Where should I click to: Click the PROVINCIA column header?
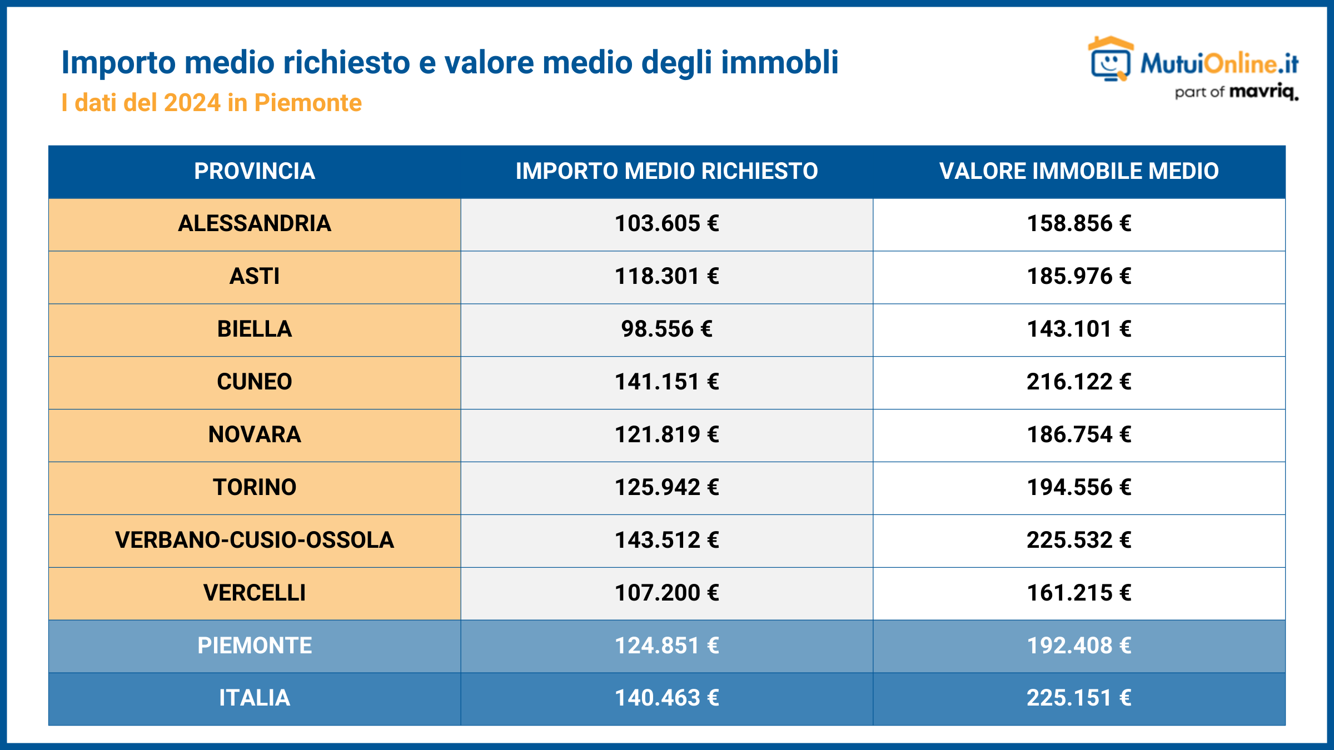pos(255,171)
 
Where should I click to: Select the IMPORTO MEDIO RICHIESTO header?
pos(666,171)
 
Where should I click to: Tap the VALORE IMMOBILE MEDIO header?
pos(1079,171)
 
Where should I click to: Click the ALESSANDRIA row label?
pos(255,223)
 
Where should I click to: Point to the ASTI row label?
pos(255,276)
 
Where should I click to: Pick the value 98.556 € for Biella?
pos(666,329)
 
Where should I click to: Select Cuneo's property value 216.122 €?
pos(1079,382)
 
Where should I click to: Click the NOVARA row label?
pos(255,434)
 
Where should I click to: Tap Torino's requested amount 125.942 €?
pos(666,487)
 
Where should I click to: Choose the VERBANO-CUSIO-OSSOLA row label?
pos(255,540)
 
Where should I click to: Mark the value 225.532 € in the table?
pos(1079,540)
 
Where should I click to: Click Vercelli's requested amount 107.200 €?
pos(666,593)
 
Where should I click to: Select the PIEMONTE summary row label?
pos(255,646)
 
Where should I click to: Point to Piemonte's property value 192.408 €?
pos(1079,646)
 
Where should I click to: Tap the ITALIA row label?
pos(255,698)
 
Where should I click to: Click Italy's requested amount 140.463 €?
pos(666,698)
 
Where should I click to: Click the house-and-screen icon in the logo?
pos(1110,59)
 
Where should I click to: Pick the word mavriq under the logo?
pos(1263,92)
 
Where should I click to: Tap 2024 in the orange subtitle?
pos(192,103)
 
